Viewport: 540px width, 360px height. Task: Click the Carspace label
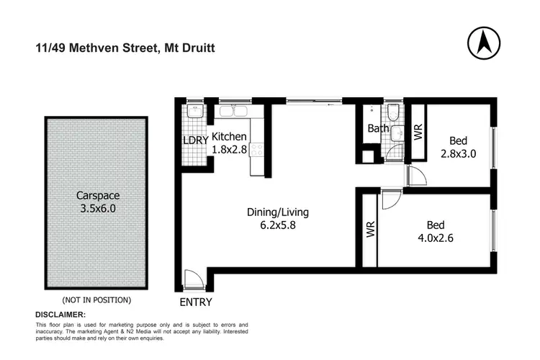click(x=97, y=194)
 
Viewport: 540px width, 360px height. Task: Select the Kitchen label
click(x=230, y=137)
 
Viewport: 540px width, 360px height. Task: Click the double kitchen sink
click(x=233, y=112)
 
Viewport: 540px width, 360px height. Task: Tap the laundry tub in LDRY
click(x=193, y=113)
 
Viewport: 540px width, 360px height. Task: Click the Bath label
click(x=378, y=130)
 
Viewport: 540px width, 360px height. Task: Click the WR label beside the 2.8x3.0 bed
click(x=417, y=132)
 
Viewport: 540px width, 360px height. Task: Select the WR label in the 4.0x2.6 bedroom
click(x=371, y=230)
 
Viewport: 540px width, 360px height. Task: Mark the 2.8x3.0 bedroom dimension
click(x=459, y=153)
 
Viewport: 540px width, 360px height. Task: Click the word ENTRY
click(x=195, y=302)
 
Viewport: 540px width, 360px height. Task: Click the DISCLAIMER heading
click(x=60, y=315)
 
